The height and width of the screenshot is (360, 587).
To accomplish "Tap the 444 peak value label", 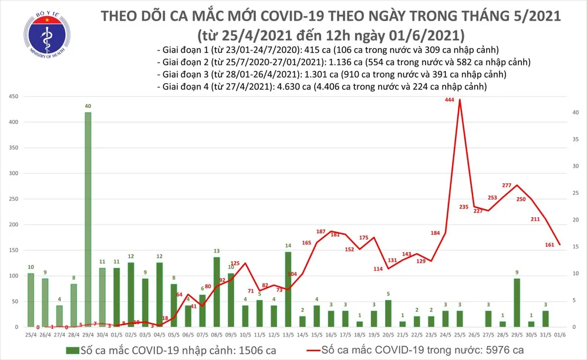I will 450,100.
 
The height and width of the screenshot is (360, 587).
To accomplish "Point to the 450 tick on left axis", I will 12,96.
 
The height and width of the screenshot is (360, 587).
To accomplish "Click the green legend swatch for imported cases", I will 72,350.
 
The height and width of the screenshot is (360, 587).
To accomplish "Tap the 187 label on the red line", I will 321,232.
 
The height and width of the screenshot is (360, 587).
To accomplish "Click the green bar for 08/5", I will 217,292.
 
